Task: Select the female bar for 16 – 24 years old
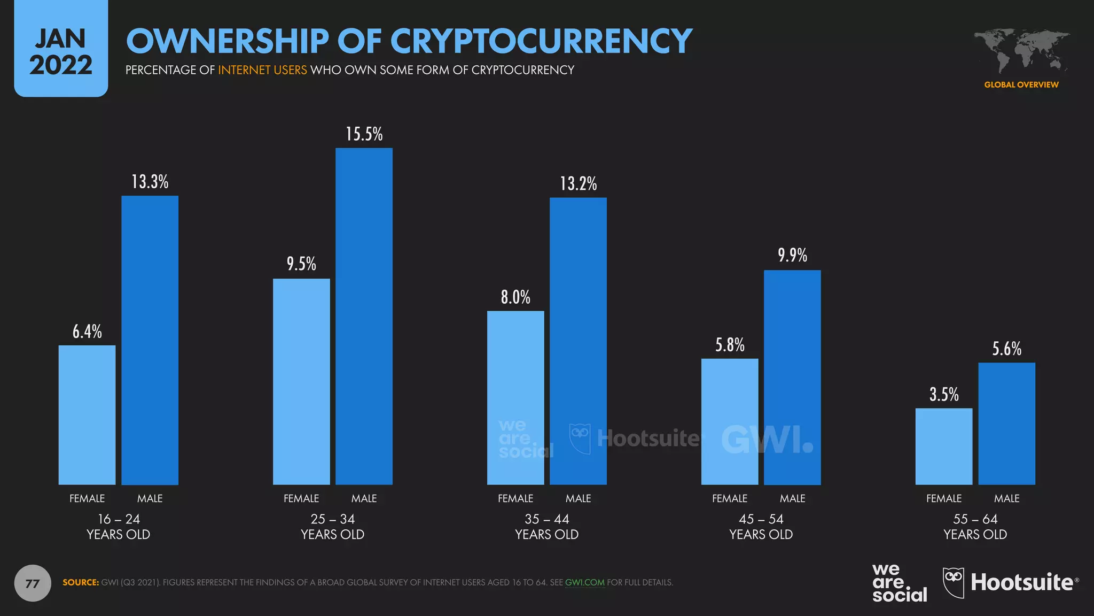(x=87, y=415)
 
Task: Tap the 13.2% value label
(x=578, y=184)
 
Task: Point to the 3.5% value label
(x=943, y=395)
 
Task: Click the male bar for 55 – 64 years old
(x=1006, y=423)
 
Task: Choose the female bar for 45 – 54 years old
(x=729, y=421)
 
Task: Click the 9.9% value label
(x=792, y=256)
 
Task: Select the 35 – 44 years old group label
(x=546, y=526)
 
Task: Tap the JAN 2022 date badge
(x=61, y=51)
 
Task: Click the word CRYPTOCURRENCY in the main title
(x=541, y=42)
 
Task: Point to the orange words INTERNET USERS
(x=262, y=70)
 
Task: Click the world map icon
(x=1021, y=51)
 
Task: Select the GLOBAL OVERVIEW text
(x=1021, y=84)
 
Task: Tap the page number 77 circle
(x=33, y=583)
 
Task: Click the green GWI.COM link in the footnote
(x=584, y=582)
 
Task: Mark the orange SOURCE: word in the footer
(x=81, y=582)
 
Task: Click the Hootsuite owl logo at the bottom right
(x=954, y=582)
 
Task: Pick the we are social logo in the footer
(x=899, y=583)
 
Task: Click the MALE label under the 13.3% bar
(x=150, y=498)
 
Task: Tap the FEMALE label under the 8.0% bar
(x=515, y=498)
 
